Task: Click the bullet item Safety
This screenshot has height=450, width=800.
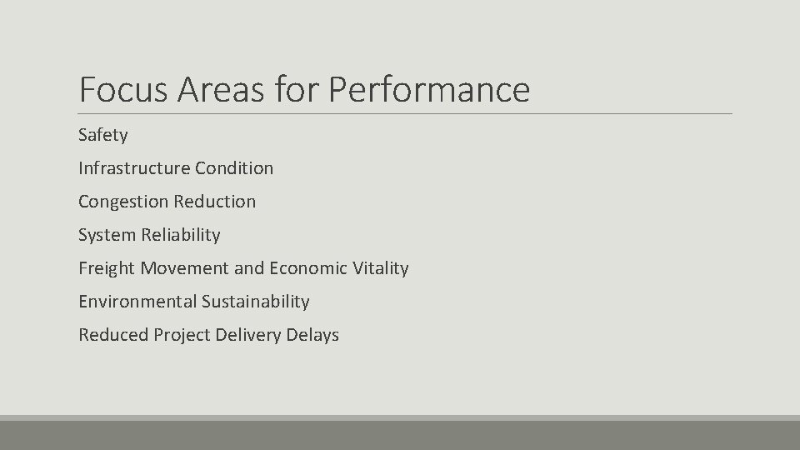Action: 103,135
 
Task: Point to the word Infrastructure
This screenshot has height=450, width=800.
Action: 134,168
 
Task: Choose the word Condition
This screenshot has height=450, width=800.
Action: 234,168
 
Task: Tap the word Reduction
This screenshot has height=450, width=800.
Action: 216,202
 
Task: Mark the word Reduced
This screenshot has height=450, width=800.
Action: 112,335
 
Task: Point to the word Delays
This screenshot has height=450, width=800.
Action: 312,335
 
